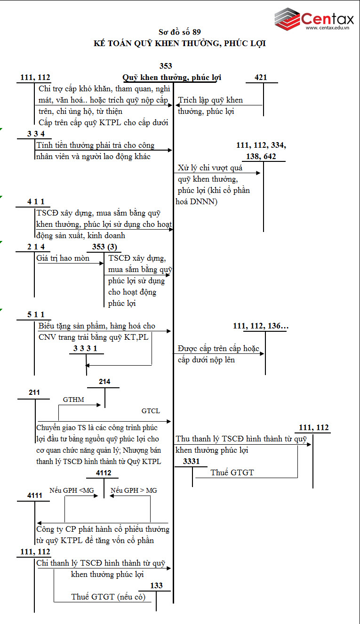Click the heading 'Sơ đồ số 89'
click(x=180, y=32)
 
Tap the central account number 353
click(x=166, y=66)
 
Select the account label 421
click(x=261, y=78)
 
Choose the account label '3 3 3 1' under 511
click(x=86, y=348)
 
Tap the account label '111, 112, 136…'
click(x=261, y=326)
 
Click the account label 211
click(x=34, y=392)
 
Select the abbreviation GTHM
click(x=73, y=400)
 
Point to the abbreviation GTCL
click(x=151, y=411)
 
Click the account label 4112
click(x=104, y=472)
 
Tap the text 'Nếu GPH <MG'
click(x=72, y=490)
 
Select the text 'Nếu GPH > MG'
click(x=134, y=490)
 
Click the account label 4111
click(x=34, y=496)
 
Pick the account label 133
click(x=156, y=586)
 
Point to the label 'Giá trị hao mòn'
click(x=63, y=258)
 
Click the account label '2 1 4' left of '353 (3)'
click(x=39, y=247)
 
